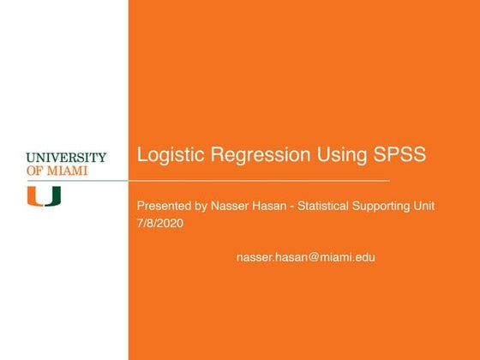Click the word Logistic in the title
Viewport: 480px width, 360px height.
(170, 156)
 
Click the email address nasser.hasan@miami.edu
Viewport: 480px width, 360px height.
(305, 256)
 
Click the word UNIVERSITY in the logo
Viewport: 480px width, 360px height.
(66, 158)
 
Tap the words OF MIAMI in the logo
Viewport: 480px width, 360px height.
(57, 170)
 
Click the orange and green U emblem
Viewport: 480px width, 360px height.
(44, 196)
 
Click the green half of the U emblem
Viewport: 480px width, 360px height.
(53, 196)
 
